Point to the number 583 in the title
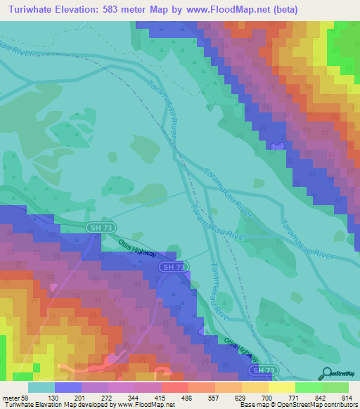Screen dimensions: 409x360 point(113,10)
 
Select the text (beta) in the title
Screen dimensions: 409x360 point(281,10)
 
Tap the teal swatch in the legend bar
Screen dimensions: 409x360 point(41,387)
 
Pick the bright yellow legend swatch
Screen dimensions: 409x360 point(281,387)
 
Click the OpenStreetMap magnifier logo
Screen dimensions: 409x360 point(326,373)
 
